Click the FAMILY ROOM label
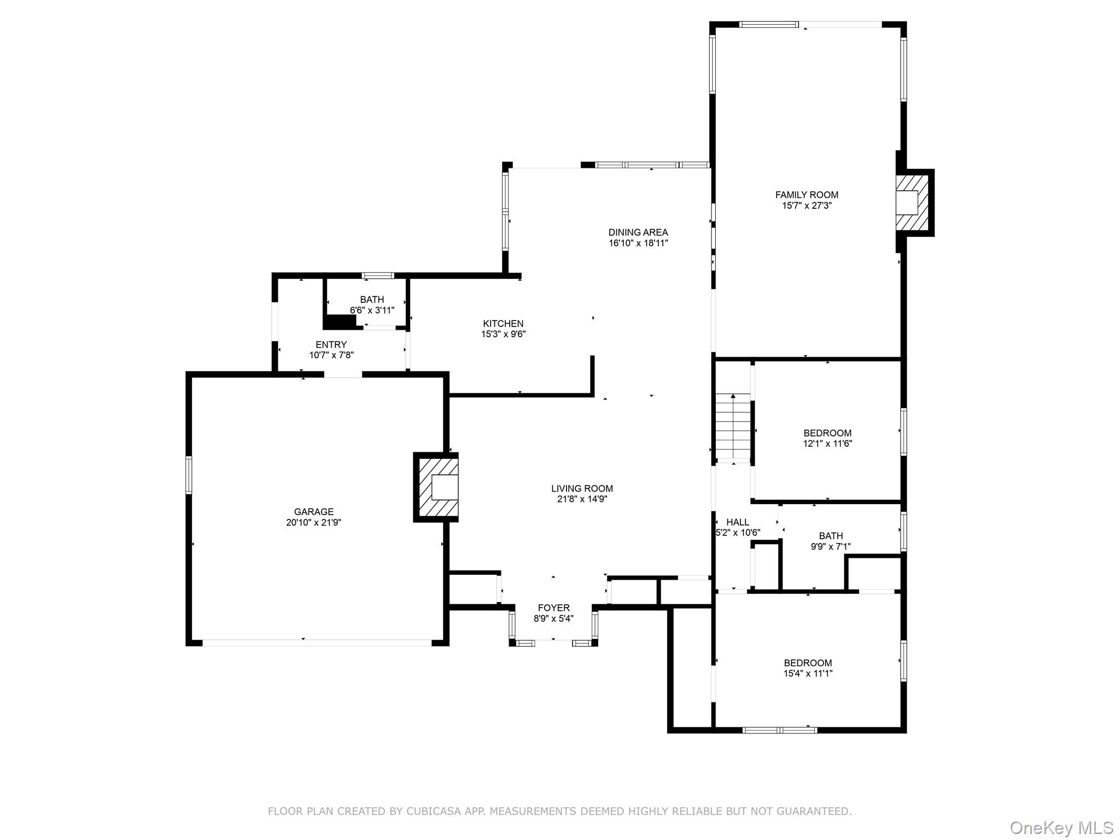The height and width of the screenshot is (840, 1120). [806, 195]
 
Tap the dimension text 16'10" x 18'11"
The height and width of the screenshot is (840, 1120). [638, 243]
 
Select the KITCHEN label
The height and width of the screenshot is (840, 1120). [503, 324]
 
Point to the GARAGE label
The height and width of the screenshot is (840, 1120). [313, 512]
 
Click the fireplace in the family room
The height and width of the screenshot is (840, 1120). [911, 202]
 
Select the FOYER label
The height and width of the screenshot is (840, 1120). [553, 608]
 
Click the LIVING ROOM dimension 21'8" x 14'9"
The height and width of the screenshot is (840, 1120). [582, 499]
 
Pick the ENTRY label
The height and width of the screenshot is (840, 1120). [331, 345]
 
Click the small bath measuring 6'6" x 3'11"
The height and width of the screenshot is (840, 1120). [372, 305]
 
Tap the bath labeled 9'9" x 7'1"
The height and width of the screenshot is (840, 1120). [830, 541]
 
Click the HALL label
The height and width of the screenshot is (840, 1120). [737, 522]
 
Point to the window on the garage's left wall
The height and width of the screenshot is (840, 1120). [189, 475]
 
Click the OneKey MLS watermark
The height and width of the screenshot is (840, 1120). [1061, 828]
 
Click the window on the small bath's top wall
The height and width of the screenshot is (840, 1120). [378, 276]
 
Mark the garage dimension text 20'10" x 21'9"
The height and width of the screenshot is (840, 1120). [313, 523]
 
